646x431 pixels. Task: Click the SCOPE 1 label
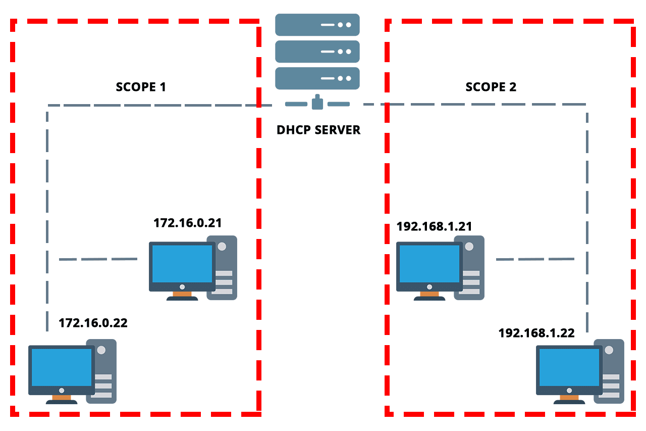click(x=141, y=86)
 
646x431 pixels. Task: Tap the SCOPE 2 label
click(x=491, y=87)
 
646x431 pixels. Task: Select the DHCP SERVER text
click(x=318, y=130)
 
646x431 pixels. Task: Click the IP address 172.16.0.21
click(x=188, y=222)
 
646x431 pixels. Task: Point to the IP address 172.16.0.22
click(x=93, y=322)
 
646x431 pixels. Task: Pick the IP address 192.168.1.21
click(x=434, y=226)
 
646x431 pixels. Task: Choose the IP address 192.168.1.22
click(x=536, y=333)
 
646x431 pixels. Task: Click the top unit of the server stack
click(x=317, y=24)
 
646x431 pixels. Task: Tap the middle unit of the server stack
click(x=317, y=51)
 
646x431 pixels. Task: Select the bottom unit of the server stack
click(x=317, y=78)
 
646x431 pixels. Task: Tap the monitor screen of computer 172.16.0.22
click(x=61, y=367)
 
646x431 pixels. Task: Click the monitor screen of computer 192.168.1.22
click(x=569, y=367)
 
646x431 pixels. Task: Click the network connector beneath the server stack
click(x=317, y=103)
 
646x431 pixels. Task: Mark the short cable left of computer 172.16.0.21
click(x=98, y=259)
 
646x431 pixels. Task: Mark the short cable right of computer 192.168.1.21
click(x=535, y=259)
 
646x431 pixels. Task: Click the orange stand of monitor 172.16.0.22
click(x=62, y=397)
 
